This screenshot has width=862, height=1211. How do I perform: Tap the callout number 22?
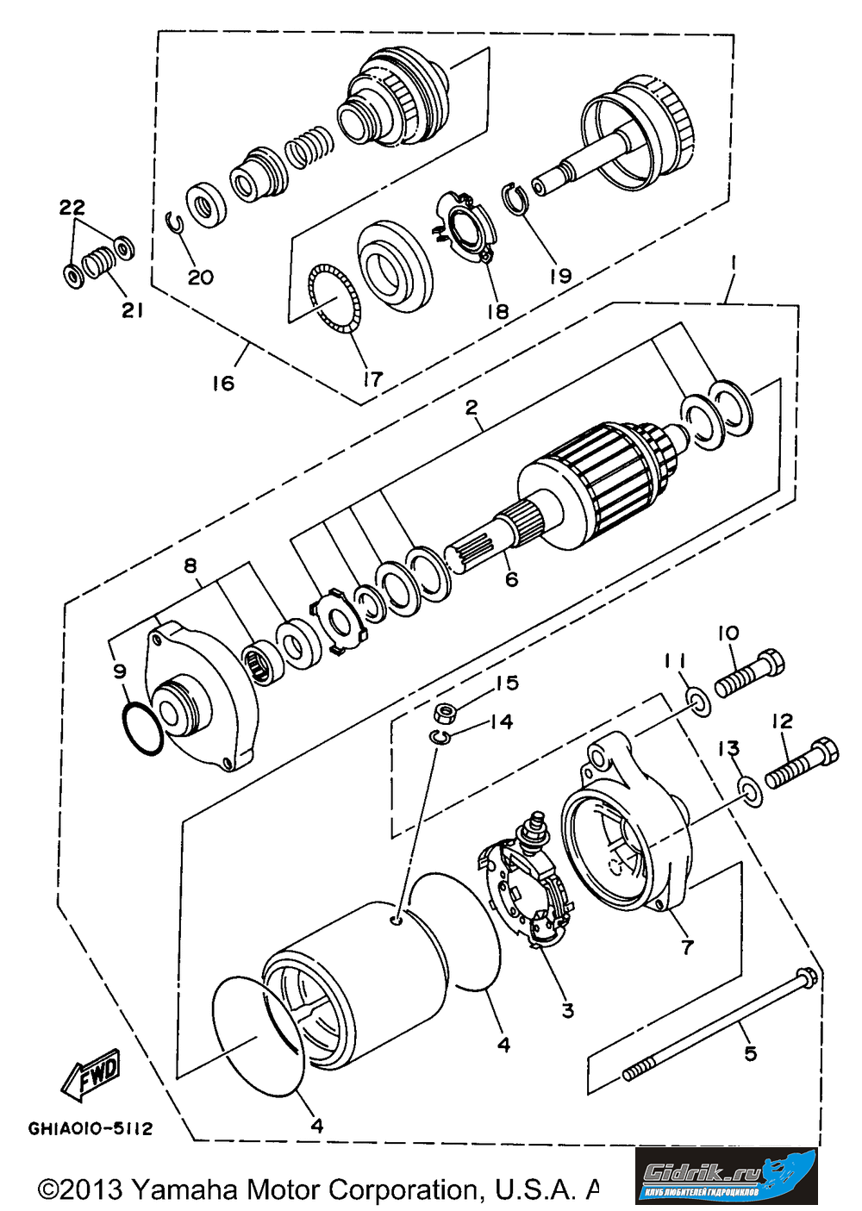pos(72,208)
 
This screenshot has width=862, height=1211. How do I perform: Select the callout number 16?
pos(222,383)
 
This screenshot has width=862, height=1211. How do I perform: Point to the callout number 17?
pos(372,378)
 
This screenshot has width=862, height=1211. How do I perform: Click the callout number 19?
pos(560,276)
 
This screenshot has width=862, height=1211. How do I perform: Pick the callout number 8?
pos(191,565)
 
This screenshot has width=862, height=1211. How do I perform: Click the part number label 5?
pos(750,1052)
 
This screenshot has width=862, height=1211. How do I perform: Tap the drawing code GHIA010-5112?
pos(91,1128)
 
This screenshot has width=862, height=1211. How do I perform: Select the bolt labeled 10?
pos(749,674)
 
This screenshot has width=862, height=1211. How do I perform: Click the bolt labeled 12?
pos(802,761)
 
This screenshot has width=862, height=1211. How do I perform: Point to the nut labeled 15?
pos(447,713)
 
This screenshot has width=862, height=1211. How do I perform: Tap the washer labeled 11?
pos(698,702)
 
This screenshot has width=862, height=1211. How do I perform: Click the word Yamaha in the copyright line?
pos(184,1190)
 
